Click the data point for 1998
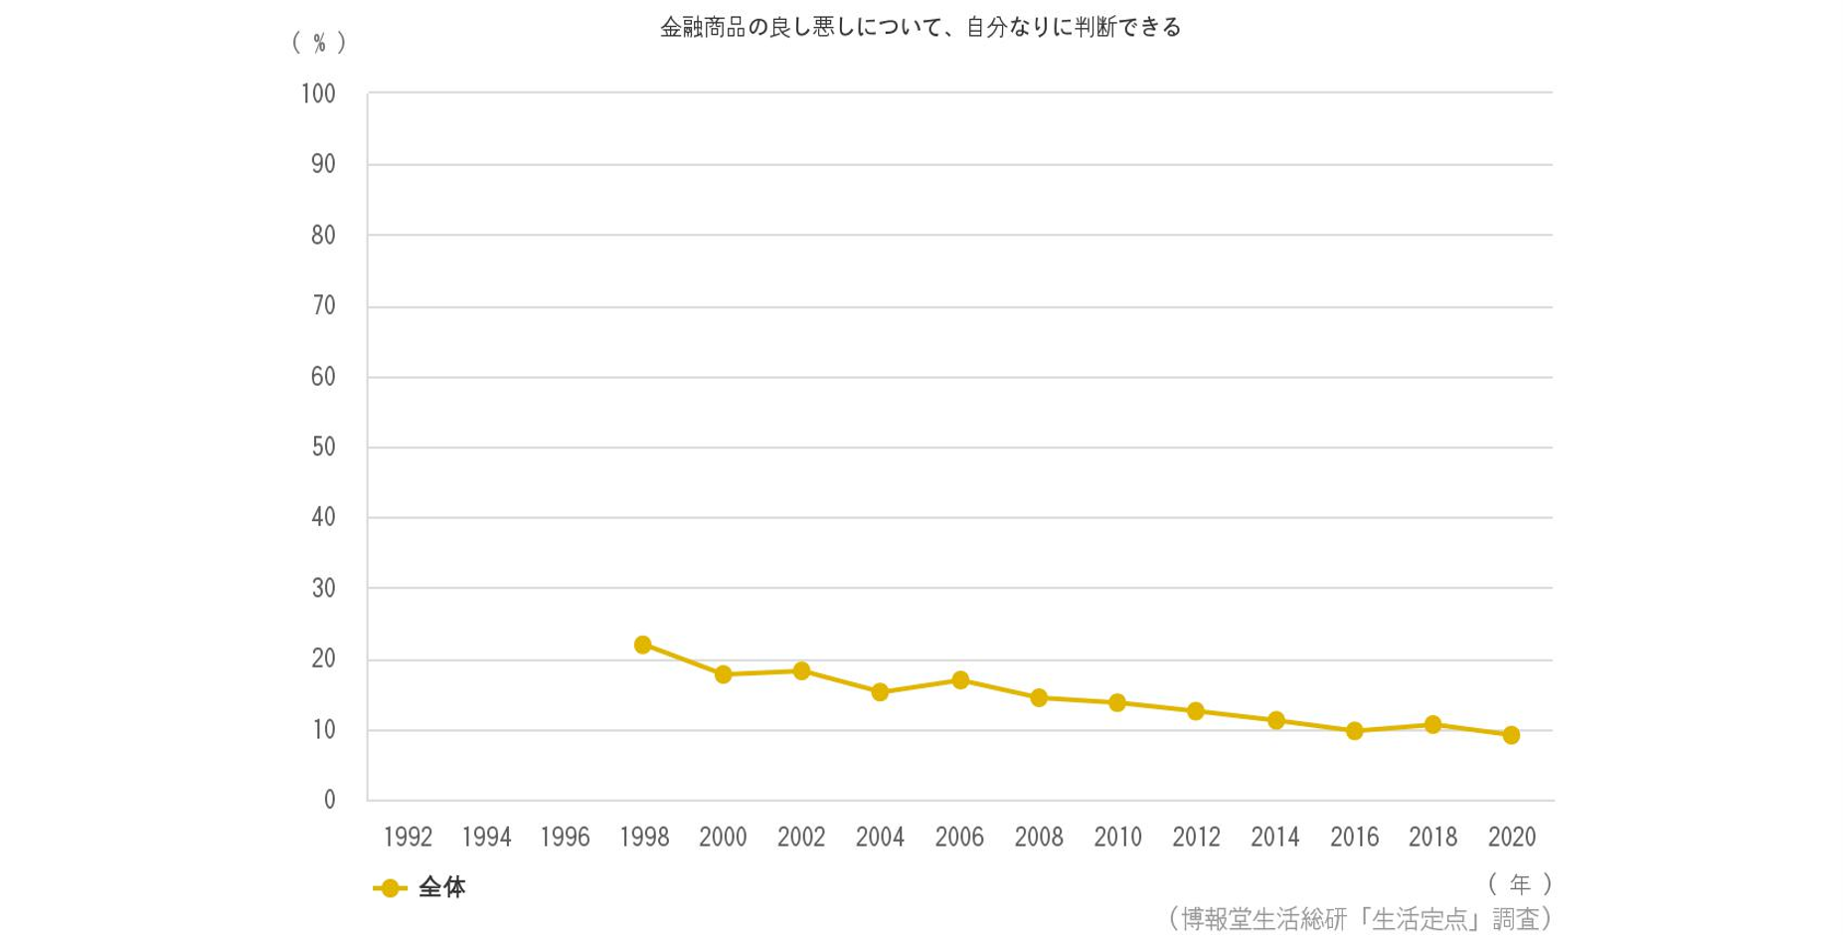(642, 645)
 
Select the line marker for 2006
(960, 680)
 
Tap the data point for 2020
(1511, 735)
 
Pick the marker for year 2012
(1196, 711)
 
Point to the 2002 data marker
(801, 670)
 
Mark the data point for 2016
(1354, 731)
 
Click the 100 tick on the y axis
(318, 94)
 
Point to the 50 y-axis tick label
(323, 448)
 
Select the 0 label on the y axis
(329, 801)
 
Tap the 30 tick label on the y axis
(323, 589)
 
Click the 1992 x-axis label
(408, 838)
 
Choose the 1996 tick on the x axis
(565, 838)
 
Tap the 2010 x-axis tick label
(1117, 838)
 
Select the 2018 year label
(1432, 838)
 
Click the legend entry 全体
(442, 887)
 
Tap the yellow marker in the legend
(390, 888)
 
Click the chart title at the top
(921, 28)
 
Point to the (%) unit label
(319, 43)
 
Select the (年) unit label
(1520, 883)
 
